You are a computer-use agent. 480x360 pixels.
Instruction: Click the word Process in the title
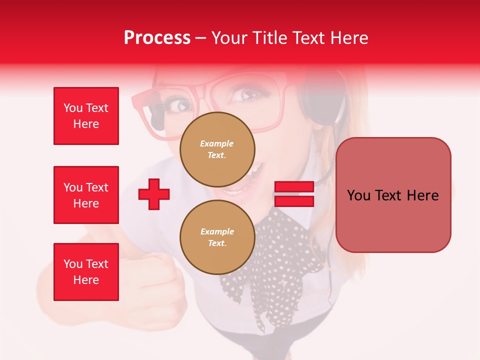157,38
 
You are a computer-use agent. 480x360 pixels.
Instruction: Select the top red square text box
86,116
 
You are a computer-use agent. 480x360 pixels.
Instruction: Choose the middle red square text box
86,195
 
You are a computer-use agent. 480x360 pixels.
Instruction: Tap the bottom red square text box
86,271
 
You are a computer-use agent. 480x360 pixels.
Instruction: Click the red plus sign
154,194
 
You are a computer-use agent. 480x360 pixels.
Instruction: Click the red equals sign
294,194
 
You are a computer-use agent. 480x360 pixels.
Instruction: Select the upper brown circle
217,149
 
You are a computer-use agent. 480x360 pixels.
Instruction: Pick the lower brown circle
217,237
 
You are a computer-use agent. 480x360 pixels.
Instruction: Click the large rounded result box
393,195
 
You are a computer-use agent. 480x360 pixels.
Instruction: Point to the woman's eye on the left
181,105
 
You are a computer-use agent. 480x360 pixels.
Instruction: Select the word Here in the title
350,38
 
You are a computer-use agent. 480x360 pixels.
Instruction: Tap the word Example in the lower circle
217,231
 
